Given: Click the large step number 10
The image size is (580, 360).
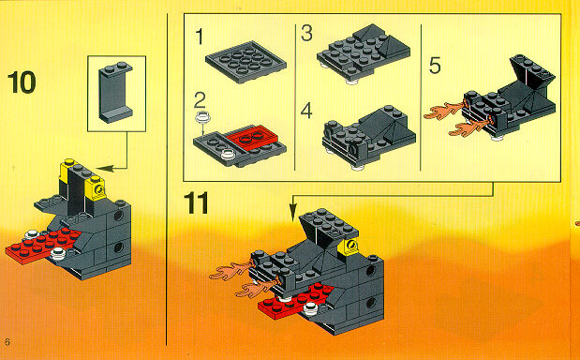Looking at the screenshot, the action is (22, 82).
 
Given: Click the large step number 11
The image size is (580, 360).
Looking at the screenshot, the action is (196, 202).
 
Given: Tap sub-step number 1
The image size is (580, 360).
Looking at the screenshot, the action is (200, 37).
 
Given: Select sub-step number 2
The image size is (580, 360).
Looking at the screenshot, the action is (200, 100).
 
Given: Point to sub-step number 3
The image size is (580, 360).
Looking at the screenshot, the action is (306, 33).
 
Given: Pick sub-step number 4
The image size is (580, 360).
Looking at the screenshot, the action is (306, 111).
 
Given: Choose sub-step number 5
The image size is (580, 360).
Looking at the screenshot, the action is (435, 66).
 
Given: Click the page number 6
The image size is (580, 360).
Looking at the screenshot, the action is (7, 341).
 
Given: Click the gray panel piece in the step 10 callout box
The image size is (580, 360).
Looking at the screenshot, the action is (116, 92).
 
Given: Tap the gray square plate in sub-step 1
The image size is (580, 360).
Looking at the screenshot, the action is (245, 62).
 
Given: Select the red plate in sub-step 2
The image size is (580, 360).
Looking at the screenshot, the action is (252, 138).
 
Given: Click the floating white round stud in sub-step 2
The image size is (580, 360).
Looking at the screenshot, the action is (203, 116).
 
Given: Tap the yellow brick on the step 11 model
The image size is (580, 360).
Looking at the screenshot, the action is (349, 247).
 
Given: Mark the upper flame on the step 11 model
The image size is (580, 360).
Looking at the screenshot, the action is (231, 271).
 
